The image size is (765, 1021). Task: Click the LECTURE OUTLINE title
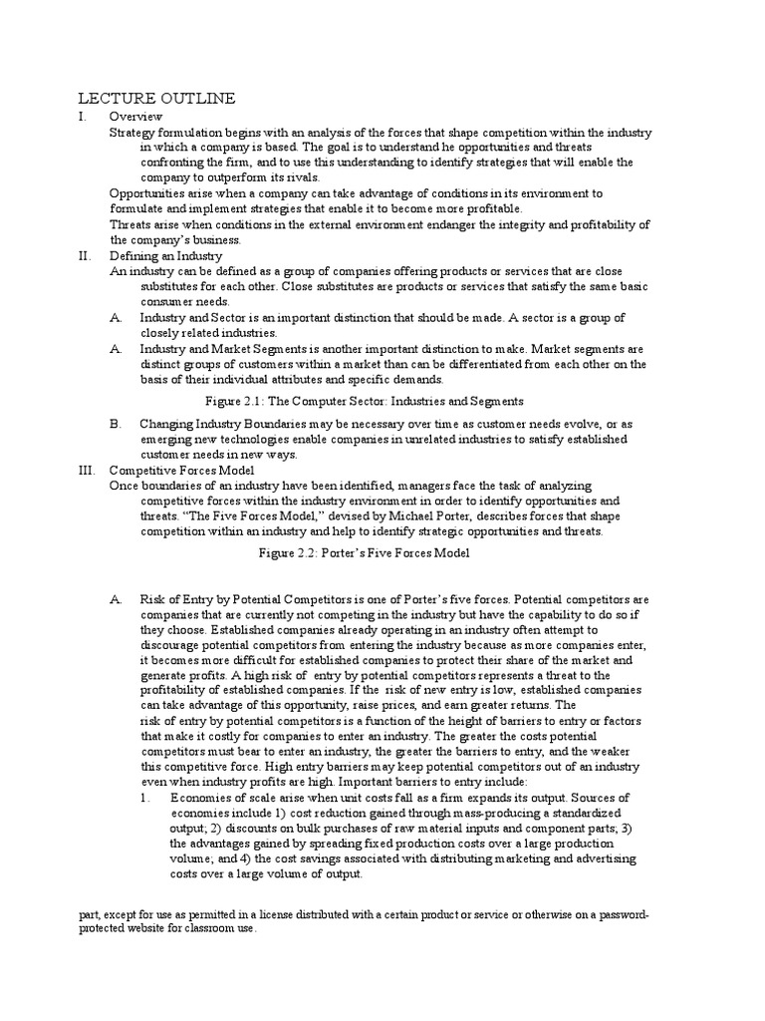point(156,98)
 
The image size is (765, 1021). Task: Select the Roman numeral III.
point(87,469)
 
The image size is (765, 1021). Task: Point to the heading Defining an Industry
point(164,255)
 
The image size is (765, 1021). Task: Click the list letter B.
point(117,423)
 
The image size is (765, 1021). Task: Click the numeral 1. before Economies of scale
point(145,799)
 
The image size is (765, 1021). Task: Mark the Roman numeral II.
point(85,255)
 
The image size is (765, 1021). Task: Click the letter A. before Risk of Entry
point(117,599)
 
